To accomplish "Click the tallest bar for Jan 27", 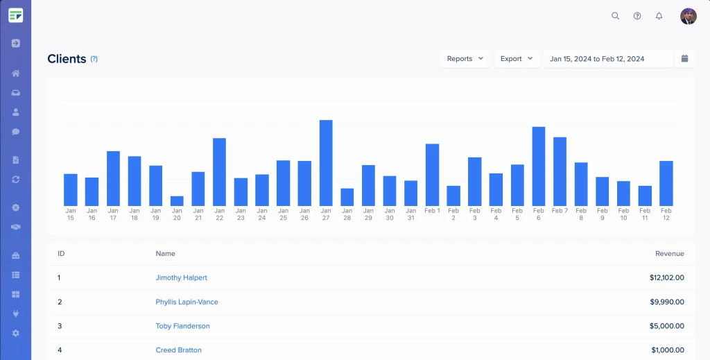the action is click(x=326, y=163).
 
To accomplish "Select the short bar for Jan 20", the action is click(x=177, y=201).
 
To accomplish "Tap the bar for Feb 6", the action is click(x=538, y=166).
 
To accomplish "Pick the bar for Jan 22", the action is click(x=220, y=172).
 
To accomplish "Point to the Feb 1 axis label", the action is click(x=433, y=211).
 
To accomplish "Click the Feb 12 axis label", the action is click(x=666, y=214).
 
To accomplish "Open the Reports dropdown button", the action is click(x=465, y=59).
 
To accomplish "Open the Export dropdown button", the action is click(x=517, y=59).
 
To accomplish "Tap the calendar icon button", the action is click(x=684, y=58).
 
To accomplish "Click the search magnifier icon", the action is click(x=616, y=16).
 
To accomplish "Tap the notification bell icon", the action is click(x=659, y=16).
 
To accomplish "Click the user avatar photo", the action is click(x=689, y=17).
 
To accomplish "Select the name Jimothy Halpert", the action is click(x=181, y=277).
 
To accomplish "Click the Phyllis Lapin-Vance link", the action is click(x=187, y=302).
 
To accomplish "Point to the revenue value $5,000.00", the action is click(x=667, y=326).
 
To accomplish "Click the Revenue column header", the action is click(x=670, y=254).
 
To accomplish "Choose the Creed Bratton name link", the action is click(x=178, y=350).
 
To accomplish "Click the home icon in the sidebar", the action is click(x=16, y=74).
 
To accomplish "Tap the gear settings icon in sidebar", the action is click(x=16, y=333).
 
